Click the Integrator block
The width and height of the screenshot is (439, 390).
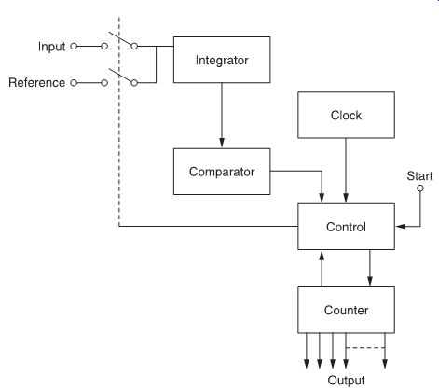[222, 60]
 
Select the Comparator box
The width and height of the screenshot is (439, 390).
[222, 172]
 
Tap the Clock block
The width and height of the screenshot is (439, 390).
[346, 115]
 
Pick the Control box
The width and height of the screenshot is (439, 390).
[346, 227]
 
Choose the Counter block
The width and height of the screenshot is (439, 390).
[346, 310]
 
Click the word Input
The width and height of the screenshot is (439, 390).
[51, 47]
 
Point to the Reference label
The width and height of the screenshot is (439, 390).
[36, 83]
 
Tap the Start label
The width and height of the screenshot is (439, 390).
[419, 176]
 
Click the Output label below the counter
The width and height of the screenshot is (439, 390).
[346, 381]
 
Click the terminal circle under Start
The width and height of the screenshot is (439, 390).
[420, 188]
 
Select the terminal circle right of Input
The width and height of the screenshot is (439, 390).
[74, 47]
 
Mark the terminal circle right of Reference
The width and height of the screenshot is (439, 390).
[74, 83]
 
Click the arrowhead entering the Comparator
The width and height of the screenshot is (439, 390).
[222, 143]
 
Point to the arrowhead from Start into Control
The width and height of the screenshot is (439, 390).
[401, 227]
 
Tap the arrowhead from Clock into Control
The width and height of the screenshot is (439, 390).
[346, 198]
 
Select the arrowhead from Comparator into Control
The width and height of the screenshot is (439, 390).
[322, 198]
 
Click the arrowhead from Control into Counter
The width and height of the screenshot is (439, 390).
[370, 281]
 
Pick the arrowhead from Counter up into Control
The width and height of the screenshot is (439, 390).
[322, 255]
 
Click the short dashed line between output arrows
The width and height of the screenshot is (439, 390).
[365, 347]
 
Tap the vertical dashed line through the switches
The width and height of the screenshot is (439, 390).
[119, 122]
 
